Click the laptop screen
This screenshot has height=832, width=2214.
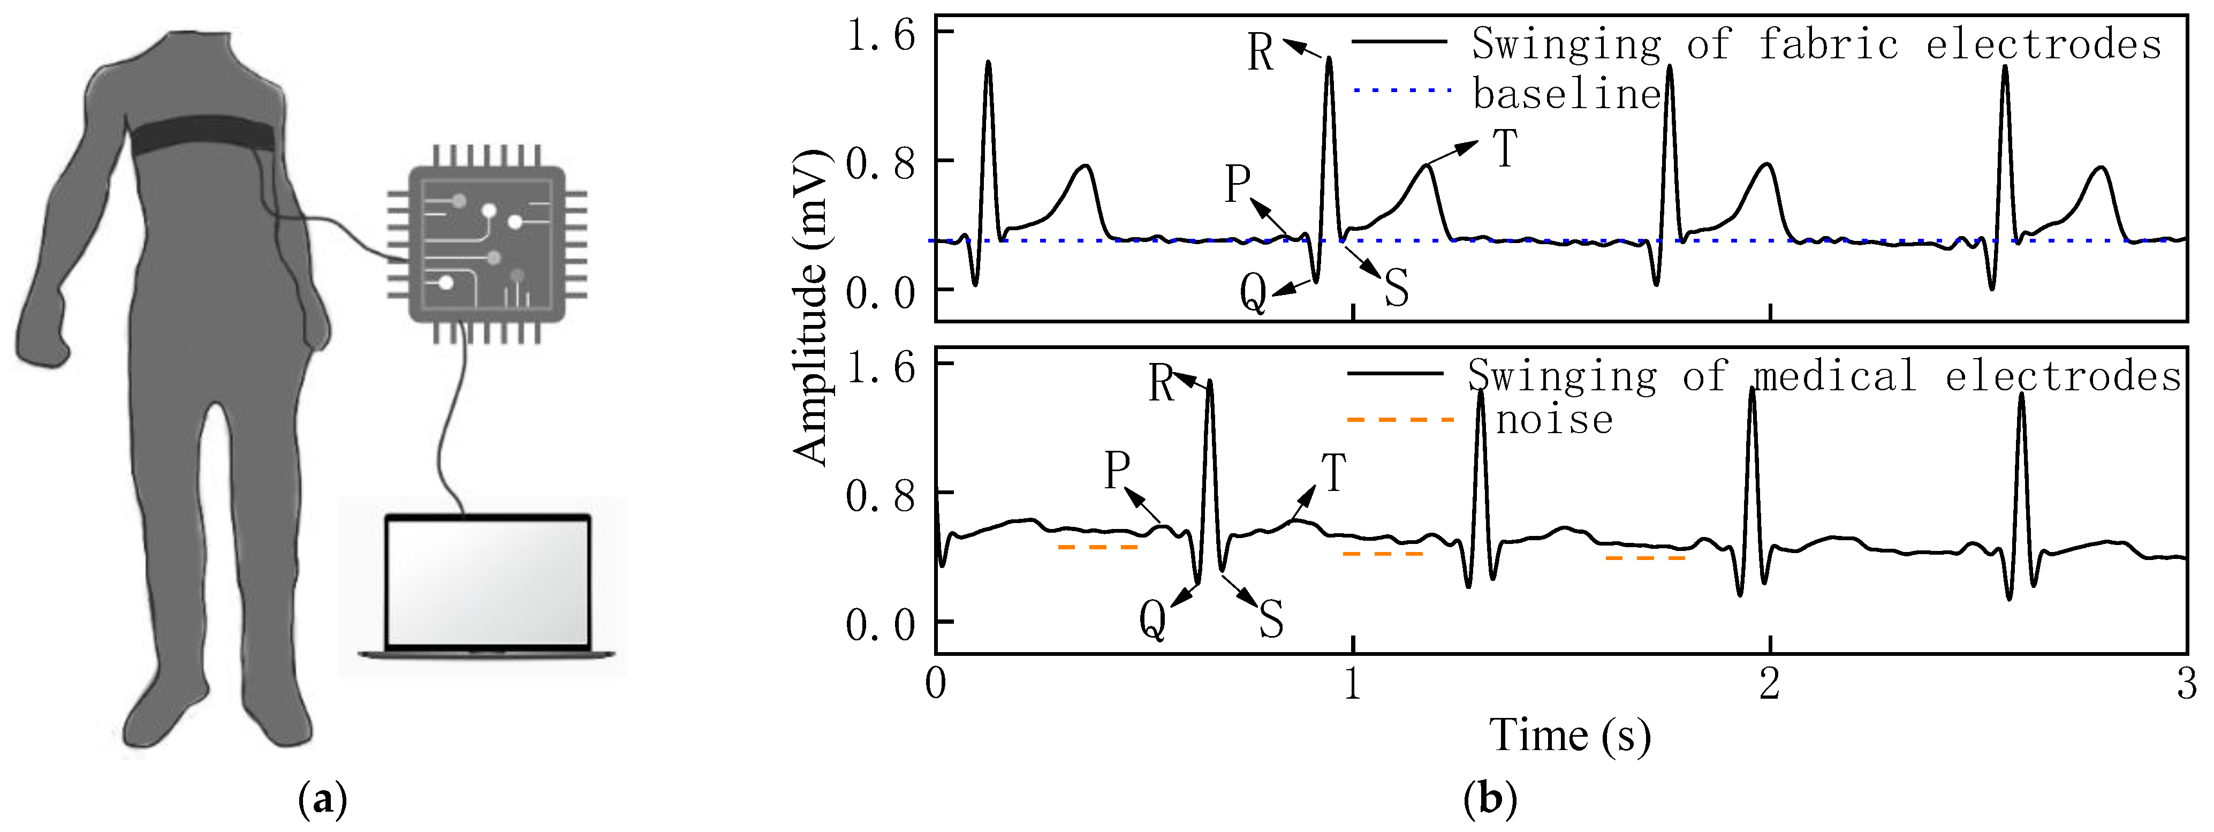tap(487, 582)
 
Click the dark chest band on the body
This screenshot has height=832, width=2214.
tap(202, 136)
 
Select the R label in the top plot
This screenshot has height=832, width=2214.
tap(1260, 54)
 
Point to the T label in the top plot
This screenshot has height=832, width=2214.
tap(1505, 149)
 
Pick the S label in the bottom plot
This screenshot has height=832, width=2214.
tap(1272, 619)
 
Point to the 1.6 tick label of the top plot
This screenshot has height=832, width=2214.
tap(881, 36)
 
